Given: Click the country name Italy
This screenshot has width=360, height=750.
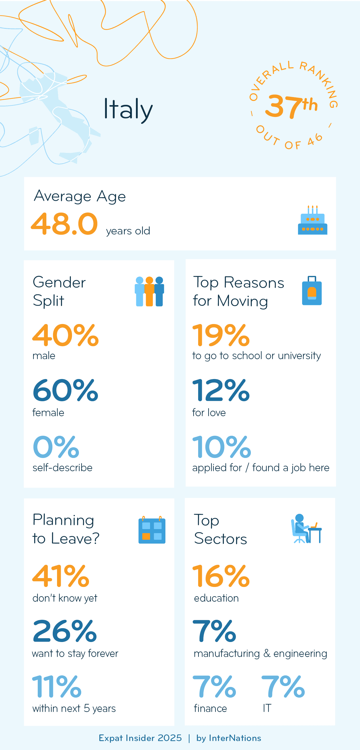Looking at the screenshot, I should pos(128,109).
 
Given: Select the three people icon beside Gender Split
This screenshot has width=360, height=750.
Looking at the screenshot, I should pos(149,291).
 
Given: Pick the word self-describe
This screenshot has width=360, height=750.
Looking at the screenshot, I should pos(62,467).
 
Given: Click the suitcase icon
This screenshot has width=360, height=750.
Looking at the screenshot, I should pos(312,291).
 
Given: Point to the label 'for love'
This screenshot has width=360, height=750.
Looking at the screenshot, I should pos(209,412).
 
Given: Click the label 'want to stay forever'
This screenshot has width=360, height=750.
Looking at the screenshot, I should pos(75,653).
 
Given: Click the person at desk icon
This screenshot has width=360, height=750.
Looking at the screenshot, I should pos(306,529).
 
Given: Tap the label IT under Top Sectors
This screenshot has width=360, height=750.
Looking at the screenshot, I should pos(267,708).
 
